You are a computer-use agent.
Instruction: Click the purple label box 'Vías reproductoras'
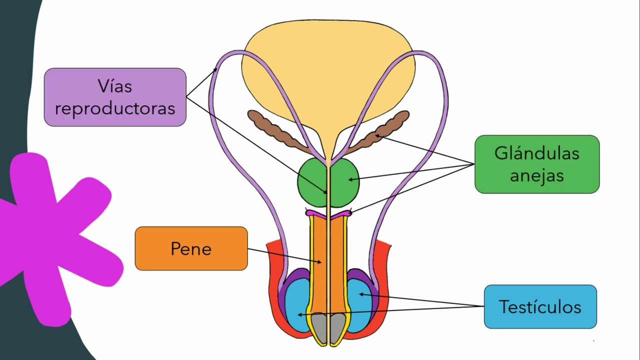click(115, 97)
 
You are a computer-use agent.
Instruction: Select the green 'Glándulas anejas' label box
click(536, 164)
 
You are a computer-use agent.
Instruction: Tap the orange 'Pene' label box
click(191, 248)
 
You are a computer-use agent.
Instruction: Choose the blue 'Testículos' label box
click(540, 306)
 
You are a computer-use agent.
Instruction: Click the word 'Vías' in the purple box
click(115, 86)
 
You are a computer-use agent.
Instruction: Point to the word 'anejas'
click(536, 175)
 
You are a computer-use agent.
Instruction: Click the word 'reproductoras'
click(115, 108)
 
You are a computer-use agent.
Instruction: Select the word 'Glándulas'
click(536, 153)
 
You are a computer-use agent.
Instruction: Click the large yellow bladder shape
click(328, 70)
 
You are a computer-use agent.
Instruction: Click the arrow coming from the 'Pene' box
click(285, 255)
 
